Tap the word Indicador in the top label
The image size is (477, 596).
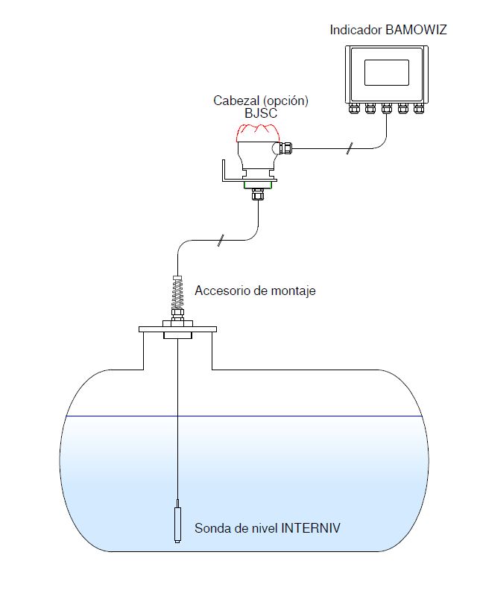(x=356, y=30)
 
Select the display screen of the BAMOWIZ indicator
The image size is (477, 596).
(x=385, y=73)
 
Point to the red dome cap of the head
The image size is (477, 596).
(x=256, y=133)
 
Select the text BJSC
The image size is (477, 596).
(x=260, y=113)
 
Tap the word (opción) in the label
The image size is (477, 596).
(x=287, y=100)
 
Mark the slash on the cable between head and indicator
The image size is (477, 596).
(x=348, y=151)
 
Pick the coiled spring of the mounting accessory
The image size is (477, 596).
(x=178, y=299)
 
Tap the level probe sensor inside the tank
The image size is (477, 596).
(x=178, y=521)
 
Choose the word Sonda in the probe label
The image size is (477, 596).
(x=211, y=529)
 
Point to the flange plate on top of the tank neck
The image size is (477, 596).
(x=177, y=328)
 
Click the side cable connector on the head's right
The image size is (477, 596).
(x=286, y=148)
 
